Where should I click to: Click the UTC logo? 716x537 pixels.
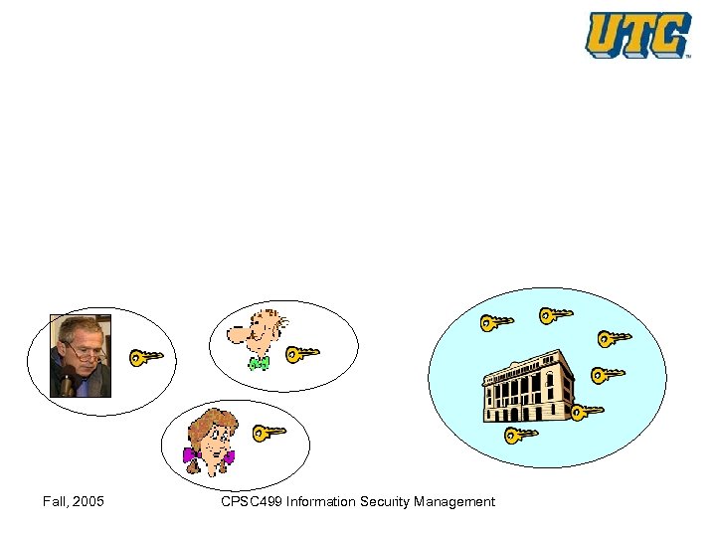[637, 35]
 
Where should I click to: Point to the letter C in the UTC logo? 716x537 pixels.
[671, 36]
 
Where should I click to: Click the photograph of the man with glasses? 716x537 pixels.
[81, 356]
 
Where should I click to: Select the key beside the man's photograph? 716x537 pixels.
[146, 356]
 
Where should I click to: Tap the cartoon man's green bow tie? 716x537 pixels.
[259, 364]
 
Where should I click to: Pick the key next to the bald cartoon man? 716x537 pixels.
[302, 352]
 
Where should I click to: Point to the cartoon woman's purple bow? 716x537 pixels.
[208, 457]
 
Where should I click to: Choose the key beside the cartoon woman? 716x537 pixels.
[268, 432]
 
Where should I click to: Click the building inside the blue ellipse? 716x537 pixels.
[528, 389]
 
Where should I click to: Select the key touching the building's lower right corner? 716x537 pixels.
[587, 410]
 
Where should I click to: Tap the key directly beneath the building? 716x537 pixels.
[521, 434]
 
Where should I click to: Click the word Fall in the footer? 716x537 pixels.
[56, 502]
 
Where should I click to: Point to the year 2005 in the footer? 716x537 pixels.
[88, 502]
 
